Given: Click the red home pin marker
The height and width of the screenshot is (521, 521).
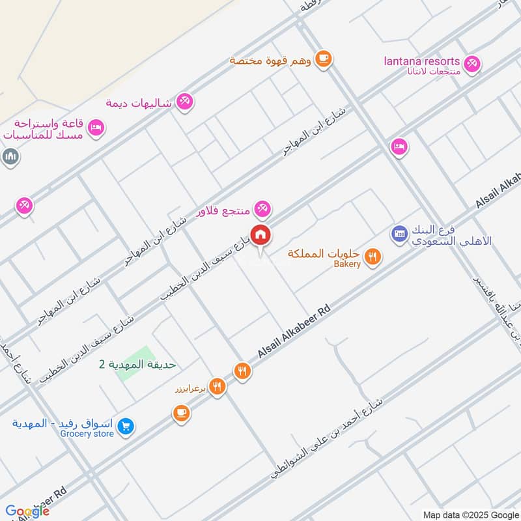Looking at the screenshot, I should (x=261, y=234).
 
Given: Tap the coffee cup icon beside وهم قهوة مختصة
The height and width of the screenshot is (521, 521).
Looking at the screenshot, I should (x=323, y=59).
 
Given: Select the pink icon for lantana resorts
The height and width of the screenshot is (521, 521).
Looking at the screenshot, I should (x=473, y=63).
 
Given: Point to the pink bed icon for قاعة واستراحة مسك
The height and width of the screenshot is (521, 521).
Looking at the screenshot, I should (x=96, y=128).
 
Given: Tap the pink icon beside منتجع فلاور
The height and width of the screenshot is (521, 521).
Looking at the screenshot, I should (x=262, y=208).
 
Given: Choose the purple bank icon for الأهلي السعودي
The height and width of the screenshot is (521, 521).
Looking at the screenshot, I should (x=399, y=232).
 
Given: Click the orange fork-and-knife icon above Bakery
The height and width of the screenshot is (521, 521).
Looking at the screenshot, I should (x=372, y=256).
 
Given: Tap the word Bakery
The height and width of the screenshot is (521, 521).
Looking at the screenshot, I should (x=347, y=264).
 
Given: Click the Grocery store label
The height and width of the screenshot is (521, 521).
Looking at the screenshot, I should (x=87, y=434).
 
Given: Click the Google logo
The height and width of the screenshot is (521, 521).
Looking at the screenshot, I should (x=27, y=511).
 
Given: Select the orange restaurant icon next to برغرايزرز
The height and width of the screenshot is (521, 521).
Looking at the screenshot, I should (x=218, y=386).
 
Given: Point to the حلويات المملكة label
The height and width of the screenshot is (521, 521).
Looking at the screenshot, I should (x=324, y=253).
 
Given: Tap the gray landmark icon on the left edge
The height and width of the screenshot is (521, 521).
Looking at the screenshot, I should (x=10, y=156).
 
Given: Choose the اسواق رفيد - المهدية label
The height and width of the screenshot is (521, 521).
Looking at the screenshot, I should (x=58, y=423).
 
